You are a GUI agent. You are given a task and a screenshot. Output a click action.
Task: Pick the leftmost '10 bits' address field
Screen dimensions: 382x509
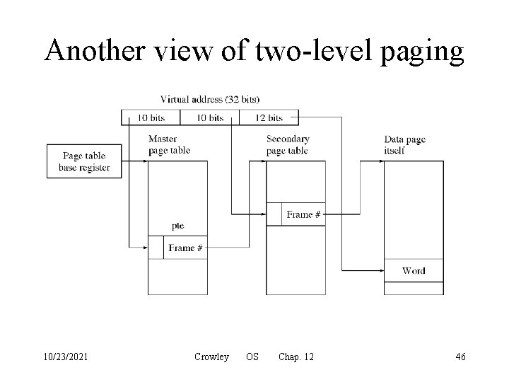pos(151,117)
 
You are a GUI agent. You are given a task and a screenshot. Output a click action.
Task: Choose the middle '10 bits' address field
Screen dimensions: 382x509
pos(209,117)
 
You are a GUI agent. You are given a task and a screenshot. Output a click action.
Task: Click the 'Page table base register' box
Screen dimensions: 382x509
pos(85,162)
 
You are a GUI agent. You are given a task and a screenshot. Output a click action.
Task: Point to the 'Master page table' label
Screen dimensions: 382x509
pos(169,144)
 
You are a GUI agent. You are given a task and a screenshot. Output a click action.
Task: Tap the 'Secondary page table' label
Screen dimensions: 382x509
pos(288,144)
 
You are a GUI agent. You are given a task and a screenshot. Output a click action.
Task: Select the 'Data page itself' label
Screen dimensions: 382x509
pos(405,144)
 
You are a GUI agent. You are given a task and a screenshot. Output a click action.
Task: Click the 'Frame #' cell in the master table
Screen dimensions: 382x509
pos(185,248)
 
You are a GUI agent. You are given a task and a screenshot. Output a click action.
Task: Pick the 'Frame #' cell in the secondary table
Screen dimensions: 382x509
pos(304,214)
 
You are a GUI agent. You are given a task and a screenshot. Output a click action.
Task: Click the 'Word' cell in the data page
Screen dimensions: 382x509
pos(414,270)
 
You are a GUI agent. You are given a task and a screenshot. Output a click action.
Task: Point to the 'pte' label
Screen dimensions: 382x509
pos(177,226)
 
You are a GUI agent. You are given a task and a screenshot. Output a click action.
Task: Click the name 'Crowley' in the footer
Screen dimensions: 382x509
pos(211,357)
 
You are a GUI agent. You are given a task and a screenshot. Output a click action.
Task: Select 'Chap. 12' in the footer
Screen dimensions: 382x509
pos(296,357)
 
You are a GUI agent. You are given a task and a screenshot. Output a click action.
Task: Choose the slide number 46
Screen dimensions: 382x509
pos(460,357)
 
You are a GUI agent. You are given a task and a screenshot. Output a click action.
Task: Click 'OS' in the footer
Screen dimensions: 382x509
pos(252,357)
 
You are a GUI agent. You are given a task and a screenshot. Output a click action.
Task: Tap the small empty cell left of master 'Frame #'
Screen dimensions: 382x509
pos(156,248)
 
